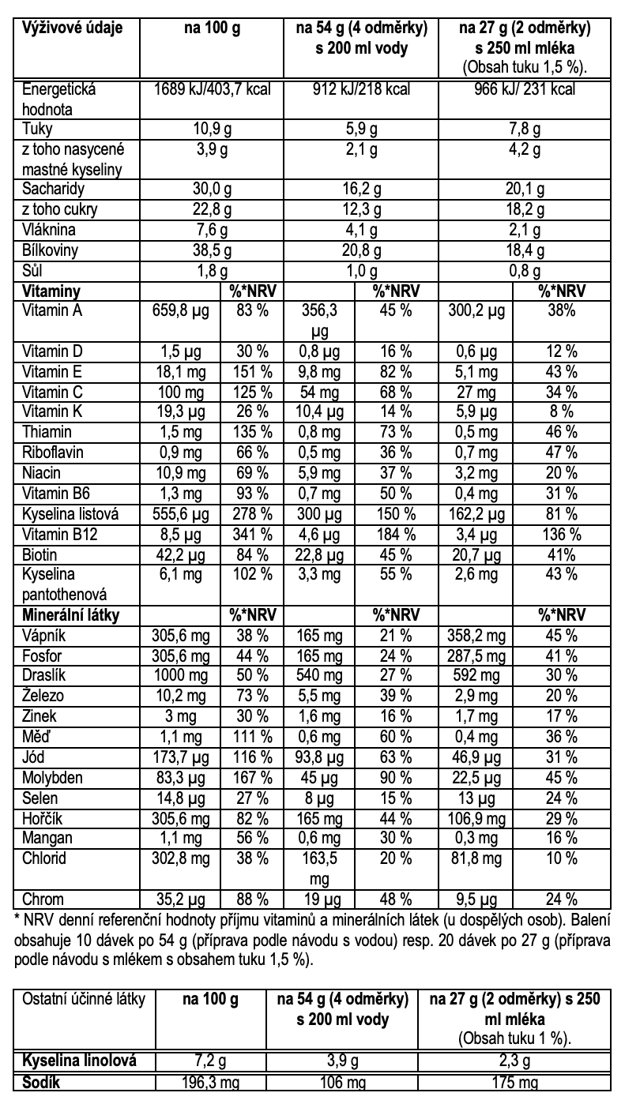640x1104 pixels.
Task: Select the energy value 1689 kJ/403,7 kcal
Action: point(210,90)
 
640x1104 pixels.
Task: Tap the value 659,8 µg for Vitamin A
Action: point(180,310)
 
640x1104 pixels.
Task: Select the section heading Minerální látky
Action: point(71,614)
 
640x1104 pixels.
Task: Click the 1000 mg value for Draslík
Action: point(180,676)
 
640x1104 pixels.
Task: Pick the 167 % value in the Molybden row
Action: point(254,779)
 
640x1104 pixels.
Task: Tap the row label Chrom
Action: point(43,899)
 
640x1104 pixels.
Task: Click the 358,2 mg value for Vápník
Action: point(474,635)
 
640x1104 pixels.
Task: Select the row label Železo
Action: point(45,697)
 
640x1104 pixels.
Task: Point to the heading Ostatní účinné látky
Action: point(85,999)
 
